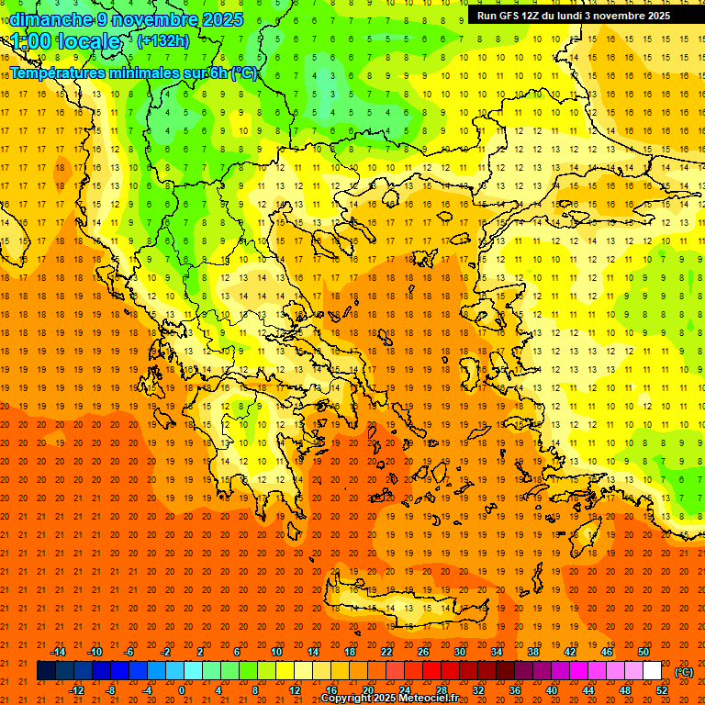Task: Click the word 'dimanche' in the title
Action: (x=46, y=19)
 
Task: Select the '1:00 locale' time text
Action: (x=65, y=41)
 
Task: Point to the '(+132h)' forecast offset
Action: (x=163, y=40)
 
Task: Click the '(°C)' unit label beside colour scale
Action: (x=684, y=672)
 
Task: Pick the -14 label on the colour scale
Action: (x=58, y=652)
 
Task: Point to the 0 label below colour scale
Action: (x=182, y=690)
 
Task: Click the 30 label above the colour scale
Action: (x=459, y=652)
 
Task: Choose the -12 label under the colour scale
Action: (x=77, y=690)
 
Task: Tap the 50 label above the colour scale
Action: (x=643, y=652)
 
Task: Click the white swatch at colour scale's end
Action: (x=653, y=671)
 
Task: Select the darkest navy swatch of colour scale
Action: (x=46, y=671)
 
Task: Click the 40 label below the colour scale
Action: (x=551, y=690)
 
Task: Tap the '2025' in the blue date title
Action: (x=223, y=19)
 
